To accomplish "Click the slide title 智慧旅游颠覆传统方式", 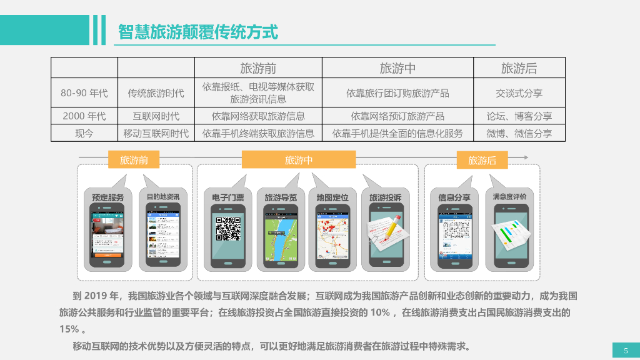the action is [x=198, y=31].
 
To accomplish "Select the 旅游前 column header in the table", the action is [x=258, y=68].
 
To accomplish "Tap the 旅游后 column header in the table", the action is [x=519, y=68].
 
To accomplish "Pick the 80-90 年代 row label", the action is [x=84, y=93].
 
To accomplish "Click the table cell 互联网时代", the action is [x=156, y=116].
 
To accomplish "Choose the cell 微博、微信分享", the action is [x=519, y=133].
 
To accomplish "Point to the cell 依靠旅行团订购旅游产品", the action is [x=397, y=93].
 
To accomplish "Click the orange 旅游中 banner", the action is [x=299, y=161].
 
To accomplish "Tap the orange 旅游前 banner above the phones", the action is [x=134, y=161].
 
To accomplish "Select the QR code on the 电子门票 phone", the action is [x=228, y=229].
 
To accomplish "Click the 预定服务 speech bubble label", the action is [x=108, y=197].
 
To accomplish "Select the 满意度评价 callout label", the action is [x=509, y=197].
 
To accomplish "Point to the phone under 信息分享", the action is [x=454, y=238].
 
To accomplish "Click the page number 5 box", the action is [x=626, y=350].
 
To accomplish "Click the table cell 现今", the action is [x=84, y=133].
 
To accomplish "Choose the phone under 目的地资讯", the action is [x=163, y=238].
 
